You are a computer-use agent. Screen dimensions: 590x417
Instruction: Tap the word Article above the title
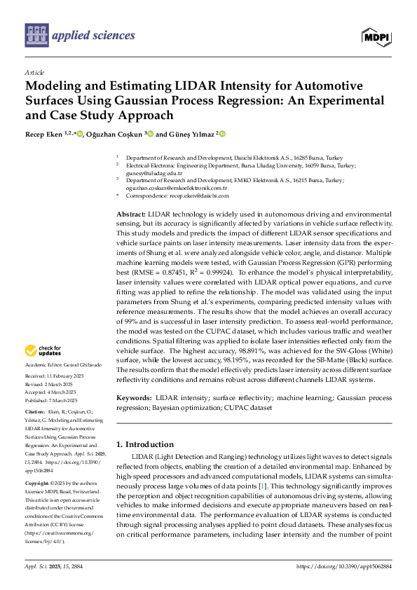(x=34, y=72)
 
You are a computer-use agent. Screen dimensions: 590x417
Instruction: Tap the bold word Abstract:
(x=130, y=213)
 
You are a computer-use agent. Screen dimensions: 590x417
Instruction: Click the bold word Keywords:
(x=132, y=397)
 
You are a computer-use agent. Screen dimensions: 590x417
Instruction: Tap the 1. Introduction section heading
(x=144, y=444)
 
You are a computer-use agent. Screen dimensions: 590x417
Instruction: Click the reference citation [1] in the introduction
(x=262, y=486)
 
